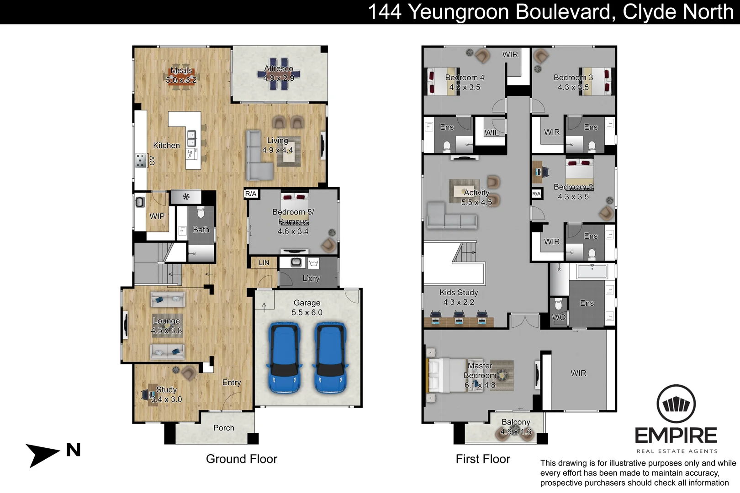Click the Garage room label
coord(307,303)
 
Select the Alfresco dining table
coord(279,73)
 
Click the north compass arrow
coord(43,454)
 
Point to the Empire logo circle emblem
coord(676,404)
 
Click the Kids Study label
coord(459,293)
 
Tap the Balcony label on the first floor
coord(516,422)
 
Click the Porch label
coord(224,428)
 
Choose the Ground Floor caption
coord(241,459)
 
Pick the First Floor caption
coord(483,459)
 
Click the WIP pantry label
coord(157,216)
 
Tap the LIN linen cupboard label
coord(264,263)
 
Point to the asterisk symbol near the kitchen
coord(186,197)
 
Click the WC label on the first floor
coord(558,317)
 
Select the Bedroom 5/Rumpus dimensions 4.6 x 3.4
coord(293,231)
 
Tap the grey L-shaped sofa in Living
coord(257,157)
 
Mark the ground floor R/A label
coord(251,194)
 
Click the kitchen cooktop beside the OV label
coord(140,161)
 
